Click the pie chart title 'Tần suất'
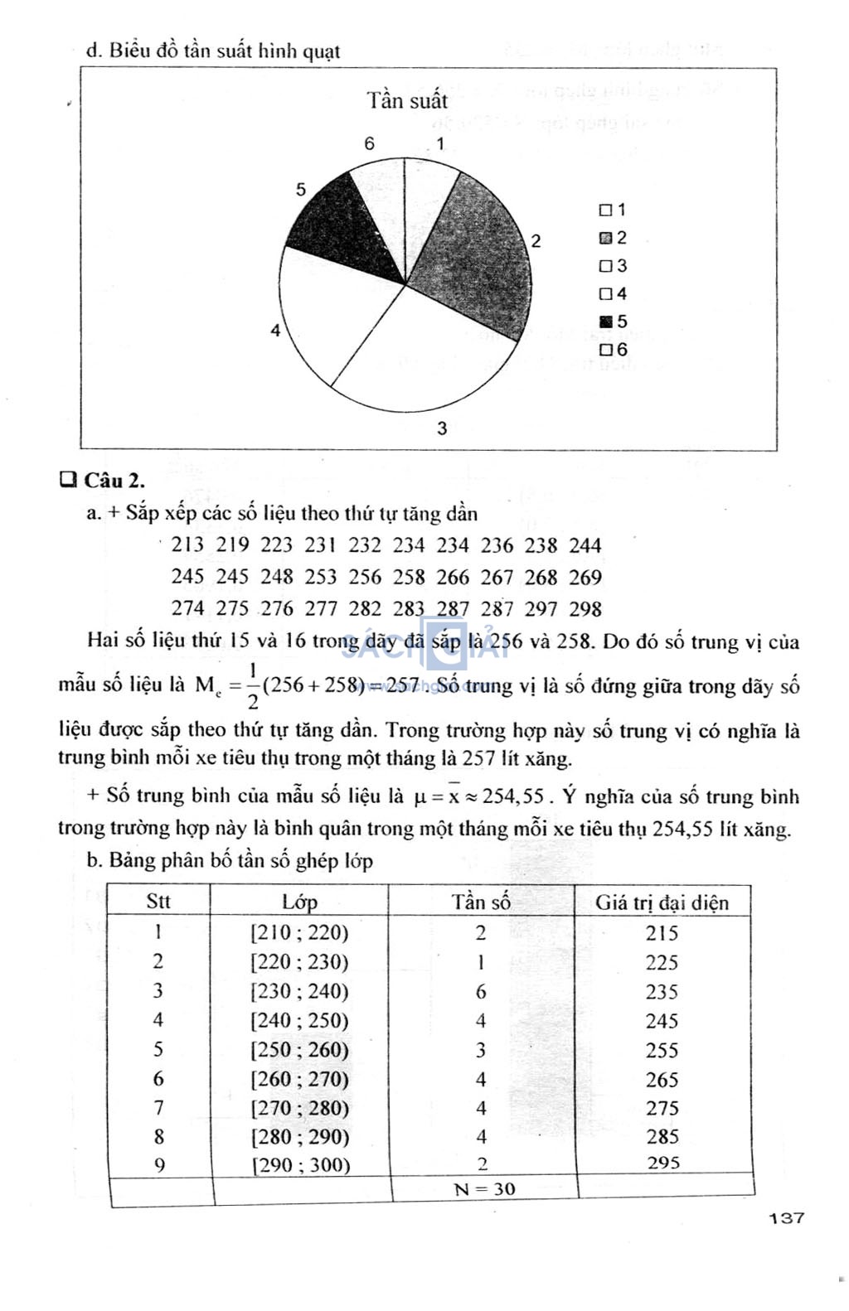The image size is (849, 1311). (x=407, y=101)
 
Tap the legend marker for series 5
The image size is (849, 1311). (x=605, y=322)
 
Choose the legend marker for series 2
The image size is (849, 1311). (x=605, y=238)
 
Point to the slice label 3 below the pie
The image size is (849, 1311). (x=442, y=428)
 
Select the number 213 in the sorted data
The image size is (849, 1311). (x=187, y=545)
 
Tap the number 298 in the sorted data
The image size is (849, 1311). (x=585, y=609)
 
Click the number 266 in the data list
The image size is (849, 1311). (x=453, y=578)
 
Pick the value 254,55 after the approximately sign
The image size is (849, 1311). (x=513, y=796)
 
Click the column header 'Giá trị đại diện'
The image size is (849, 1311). (x=662, y=902)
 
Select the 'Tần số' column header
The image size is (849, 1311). (x=481, y=902)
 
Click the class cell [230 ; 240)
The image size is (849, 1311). (x=299, y=992)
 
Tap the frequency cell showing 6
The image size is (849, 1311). (x=481, y=992)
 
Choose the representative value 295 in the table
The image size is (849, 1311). (x=663, y=1163)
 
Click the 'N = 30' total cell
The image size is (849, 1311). (x=485, y=1189)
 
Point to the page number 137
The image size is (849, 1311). (x=786, y=1217)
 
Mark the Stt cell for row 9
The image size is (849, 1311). (x=159, y=1165)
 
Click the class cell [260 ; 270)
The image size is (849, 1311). (x=299, y=1079)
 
